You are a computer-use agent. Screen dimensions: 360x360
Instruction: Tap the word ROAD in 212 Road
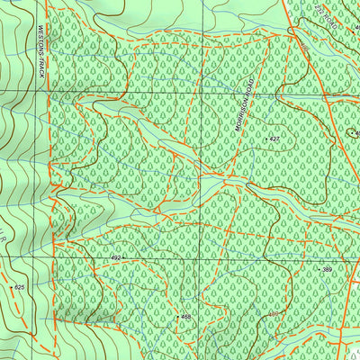pos(332,23)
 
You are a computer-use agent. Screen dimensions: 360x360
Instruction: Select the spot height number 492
pos(115,258)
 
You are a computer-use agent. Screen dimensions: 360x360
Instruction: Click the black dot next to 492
pos(125,258)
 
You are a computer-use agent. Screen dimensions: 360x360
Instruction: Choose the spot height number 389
pos(327,270)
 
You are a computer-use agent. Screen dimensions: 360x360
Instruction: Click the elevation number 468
pos(185,317)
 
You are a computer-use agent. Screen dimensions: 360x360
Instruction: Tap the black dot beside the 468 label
pos(175,317)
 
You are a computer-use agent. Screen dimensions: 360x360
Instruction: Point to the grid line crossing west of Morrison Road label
pos(213,93)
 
